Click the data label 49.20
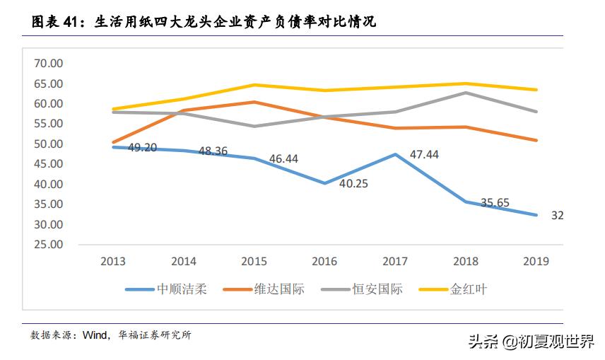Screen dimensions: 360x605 tap(142, 148)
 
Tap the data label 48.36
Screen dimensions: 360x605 tap(213, 151)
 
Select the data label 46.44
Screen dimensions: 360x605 tap(283, 159)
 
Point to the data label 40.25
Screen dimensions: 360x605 tap(354, 183)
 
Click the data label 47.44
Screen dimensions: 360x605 tap(424, 153)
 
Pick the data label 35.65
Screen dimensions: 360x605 tap(495, 202)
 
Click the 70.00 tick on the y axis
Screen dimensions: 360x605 tap(49, 64)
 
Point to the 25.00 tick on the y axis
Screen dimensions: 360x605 tap(49, 245)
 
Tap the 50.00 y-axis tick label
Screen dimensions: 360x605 tap(49, 144)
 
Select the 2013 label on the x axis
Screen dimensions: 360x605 tap(113, 261)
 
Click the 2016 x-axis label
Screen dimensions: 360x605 tap(324, 261)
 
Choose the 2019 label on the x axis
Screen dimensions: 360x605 tap(536, 261)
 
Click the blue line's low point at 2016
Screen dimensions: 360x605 tap(324, 183)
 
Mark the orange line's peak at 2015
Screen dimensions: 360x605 tap(254, 102)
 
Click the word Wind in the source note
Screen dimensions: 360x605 tap(94, 335)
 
